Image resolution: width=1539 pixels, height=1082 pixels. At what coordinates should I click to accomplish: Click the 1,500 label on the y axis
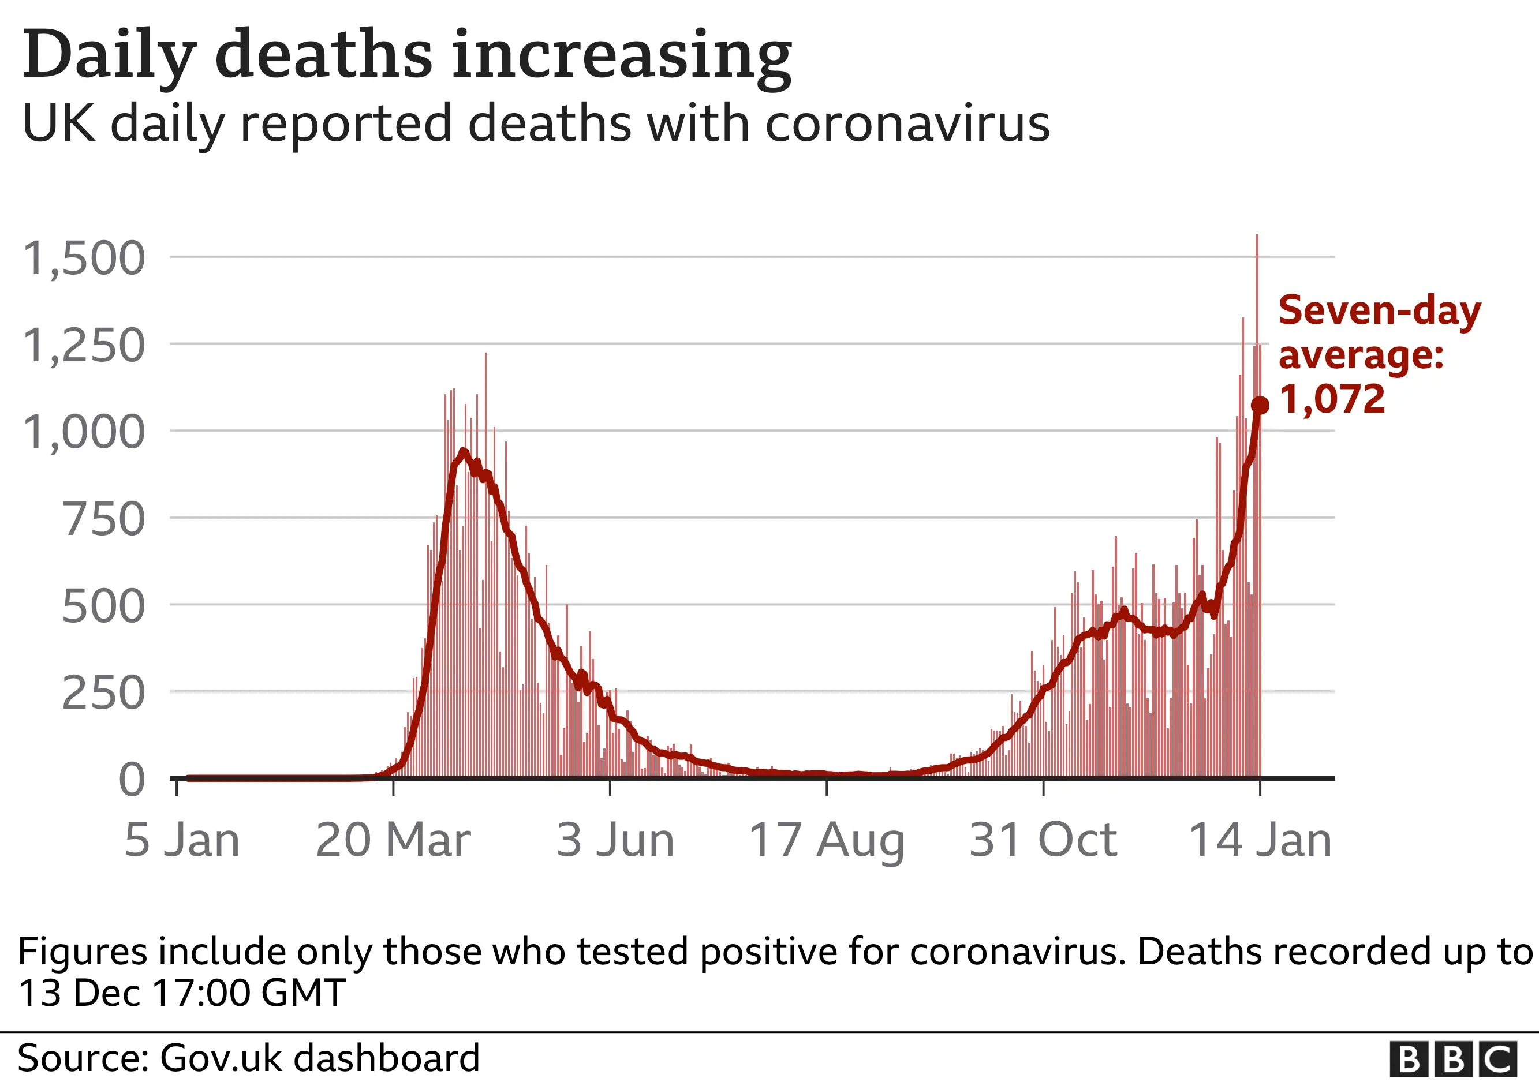(84, 259)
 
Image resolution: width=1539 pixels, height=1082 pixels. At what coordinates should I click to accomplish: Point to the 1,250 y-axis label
(84, 346)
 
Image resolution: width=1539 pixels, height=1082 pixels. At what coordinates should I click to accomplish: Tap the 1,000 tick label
(84, 432)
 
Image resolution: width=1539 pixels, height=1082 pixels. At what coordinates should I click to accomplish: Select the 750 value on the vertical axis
(103, 519)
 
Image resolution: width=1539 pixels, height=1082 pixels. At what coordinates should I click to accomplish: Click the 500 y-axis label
(103, 606)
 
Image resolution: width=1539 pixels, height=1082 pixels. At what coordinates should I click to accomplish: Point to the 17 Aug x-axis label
(827, 841)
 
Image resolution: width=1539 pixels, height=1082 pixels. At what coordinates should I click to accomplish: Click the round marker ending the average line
(1260, 405)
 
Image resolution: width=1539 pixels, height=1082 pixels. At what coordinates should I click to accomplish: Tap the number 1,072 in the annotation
(1332, 400)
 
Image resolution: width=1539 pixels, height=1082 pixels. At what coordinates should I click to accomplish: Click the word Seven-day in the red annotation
(1380, 311)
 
